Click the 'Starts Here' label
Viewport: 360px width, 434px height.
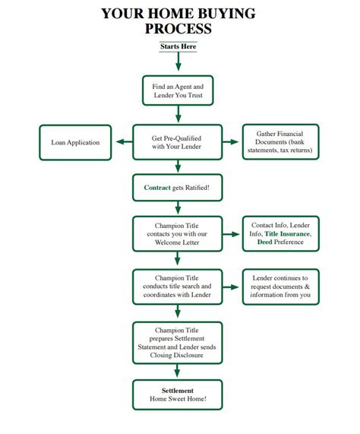(x=178, y=46)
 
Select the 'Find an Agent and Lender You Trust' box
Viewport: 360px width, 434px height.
(x=178, y=90)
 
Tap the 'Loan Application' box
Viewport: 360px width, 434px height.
(x=75, y=143)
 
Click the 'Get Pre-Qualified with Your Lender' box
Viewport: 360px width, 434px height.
(x=177, y=142)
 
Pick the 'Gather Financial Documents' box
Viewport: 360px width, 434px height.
(x=281, y=142)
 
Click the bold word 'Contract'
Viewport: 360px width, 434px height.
(x=157, y=188)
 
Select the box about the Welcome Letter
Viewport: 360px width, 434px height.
(x=177, y=234)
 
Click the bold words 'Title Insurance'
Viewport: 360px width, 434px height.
(x=287, y=234)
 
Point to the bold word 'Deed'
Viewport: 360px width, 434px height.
(x=264, y=242)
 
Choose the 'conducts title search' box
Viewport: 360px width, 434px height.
(x=177, y=287)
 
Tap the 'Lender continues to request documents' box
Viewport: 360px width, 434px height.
(x=281, y=287)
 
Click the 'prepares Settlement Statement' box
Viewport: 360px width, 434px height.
(x=177, y=343)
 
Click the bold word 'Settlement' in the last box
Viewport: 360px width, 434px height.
(x=178, y=391)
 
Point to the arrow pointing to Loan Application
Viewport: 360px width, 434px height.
(x=124, y=142)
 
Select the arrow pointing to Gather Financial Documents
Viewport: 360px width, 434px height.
(x=230, y=142)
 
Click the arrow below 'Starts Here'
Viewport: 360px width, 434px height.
(x=178, y=61)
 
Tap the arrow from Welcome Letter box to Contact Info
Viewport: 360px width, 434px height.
(x=231, y=234)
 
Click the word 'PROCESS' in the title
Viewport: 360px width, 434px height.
(x=178, y=29)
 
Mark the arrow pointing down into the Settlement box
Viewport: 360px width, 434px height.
(x=177, y=371)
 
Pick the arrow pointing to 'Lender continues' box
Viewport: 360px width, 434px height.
(x=231, y=287)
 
